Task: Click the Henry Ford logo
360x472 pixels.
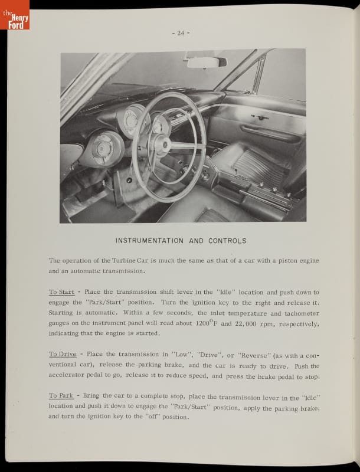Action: point(15,15)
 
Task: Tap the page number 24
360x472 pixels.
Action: point(180,33)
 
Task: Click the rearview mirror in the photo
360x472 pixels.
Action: point(207,61)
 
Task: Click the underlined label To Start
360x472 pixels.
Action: point(61,292)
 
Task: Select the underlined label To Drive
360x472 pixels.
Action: point(62,355)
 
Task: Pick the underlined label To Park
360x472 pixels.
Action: point(61,395)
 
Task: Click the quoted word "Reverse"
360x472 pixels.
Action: point(255,355)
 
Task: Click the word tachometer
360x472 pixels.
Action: point(298,313)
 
